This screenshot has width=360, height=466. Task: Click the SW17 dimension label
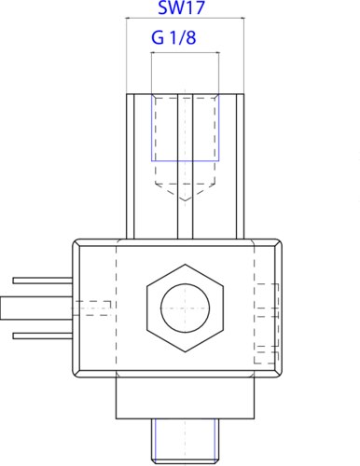tap(182, 7)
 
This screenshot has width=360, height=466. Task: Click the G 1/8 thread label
tap(173, 37)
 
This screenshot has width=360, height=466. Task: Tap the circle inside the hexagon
tap(185, 308)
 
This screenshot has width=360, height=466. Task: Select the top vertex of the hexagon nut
tap(186, 265)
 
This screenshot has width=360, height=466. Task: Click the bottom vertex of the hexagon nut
tap(186, 352)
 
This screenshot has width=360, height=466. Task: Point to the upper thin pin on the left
tap(43, 281)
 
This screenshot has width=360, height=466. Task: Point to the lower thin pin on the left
tap(43, 336)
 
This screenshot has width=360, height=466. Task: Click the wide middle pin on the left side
tap(36, 308)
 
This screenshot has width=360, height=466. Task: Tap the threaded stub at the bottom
tap(186, 441)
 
